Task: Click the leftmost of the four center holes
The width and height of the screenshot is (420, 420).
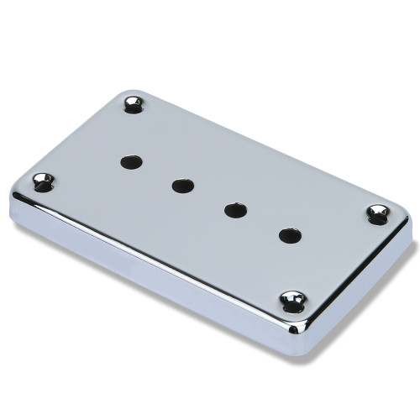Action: [129, 160]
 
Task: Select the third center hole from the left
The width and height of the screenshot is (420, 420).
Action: [234, 209]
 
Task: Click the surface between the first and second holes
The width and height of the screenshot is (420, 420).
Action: [155, 172]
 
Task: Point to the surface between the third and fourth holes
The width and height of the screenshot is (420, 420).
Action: [262, 223]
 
